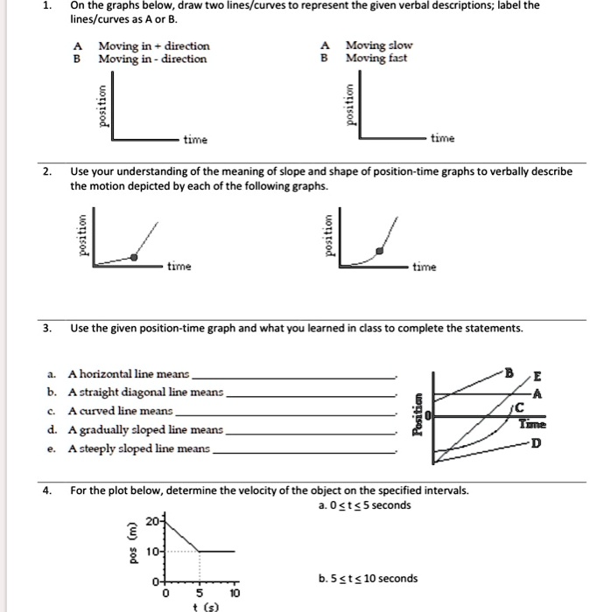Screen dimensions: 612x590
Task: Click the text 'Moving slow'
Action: pyautogui.click(x=379, y=45)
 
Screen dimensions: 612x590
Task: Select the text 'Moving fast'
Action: pyautogui.click(x=377, y=59)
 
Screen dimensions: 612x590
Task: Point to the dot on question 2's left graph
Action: pyautogui.click(x=133, y=257)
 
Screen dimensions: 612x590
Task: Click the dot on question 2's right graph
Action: pyautogui.click(x=378, y=251)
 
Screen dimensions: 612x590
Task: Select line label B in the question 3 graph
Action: pyautogui.click(x=508, y=372)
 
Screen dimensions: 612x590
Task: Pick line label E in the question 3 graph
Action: pyautogui.click(x=537, y=378)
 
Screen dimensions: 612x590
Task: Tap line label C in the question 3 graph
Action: pyautogui.click(x=519, y=407)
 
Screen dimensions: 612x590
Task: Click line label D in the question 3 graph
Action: pyautogui.click(x=536, y=443)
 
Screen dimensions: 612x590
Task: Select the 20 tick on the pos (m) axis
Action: pyautogui.click(x=151, y=521)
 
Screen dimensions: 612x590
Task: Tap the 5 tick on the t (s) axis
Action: pyautogui.click(x=200, y=590)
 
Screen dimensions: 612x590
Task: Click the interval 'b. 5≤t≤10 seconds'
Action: pyautogui.click(x=367, y=578)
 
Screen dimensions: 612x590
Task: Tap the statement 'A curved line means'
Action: pyautogui.click(x=123, y=411)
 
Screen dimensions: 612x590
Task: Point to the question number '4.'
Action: pyautogui.click(x=48, y=490)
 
